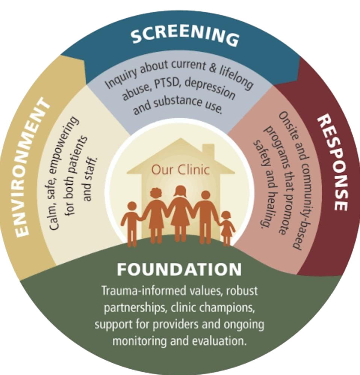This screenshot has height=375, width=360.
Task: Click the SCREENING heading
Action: pos(184,36)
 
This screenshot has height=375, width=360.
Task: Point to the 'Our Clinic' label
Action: pos(180,170)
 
